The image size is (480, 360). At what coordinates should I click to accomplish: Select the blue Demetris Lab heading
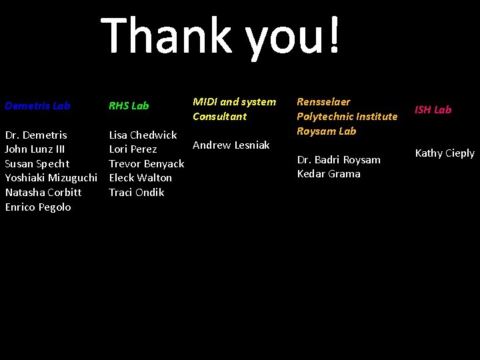pyautogui.click(x=37, y=105)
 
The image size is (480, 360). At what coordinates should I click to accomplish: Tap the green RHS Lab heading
pyautogui.click(x=129, y=105)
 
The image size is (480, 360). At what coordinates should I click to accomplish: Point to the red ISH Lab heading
pyautogui.click(x=433, y=109)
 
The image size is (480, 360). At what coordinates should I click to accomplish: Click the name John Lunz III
pyautogui.click(x=35, y=149)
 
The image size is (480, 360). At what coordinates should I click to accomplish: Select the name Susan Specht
pyautogui.click(x=37, y=163)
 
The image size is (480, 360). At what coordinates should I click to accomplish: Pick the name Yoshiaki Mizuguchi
pyautogui.click(x=51, y=178)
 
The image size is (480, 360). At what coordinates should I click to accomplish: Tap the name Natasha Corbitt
pyautogui.click(x=43, y=192)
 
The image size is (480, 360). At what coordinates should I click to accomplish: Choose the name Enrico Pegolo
pyautogui.click(x=38, y=207)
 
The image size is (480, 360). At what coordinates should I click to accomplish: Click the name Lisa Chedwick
pyautogui.click(x=143, y=135)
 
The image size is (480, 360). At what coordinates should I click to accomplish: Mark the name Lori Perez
pyautogui.click(x=133, y=149)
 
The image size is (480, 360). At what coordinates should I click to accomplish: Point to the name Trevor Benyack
pyautogui.click(x=147, y=163)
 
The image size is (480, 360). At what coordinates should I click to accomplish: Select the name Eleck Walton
pyautogui.click(x=140, y=178)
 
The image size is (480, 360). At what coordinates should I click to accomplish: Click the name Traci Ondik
pyautogui.click(x=136, y=192)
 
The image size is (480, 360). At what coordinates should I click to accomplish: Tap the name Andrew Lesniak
pyautogui.click(x=231, y=145)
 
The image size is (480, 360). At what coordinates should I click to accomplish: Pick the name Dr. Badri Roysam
pyautogui.click(x=339, y=159)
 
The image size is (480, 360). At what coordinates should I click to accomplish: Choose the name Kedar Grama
pyautogui.click(x=329, y=174)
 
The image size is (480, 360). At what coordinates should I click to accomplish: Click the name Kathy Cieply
pyautogui.click(x=445, y=153)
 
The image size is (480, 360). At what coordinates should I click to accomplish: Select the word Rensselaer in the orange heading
pyautogui.click(x=323, y=101)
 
